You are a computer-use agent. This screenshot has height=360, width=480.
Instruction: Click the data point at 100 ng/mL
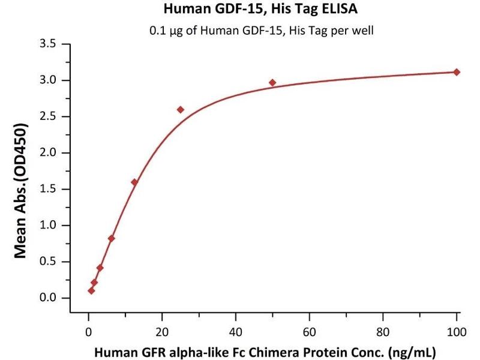pyautogui.click(x=457, y=72)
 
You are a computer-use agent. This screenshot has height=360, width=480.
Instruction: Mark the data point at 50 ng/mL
pyautogui.click(x=272, y=83)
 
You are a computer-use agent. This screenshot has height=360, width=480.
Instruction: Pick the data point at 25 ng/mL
pyautogui.click(x=181, y=110)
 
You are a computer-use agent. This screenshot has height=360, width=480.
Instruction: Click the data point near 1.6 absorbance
pyautogui.click(x=134, y=182)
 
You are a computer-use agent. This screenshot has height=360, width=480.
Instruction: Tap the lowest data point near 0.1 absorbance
pyautogui.click(x=91, y=290)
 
